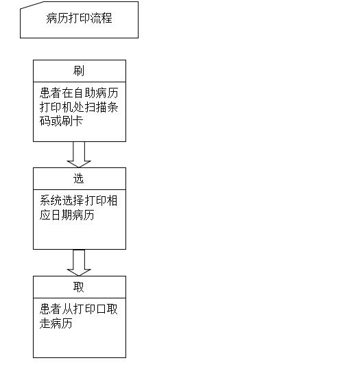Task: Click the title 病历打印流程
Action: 79,19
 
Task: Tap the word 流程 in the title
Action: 101,19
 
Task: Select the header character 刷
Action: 79,71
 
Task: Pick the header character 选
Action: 79,178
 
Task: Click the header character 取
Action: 79,287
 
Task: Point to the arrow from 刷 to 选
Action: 79,154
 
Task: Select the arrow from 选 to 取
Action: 79,263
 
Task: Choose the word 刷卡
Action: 73,121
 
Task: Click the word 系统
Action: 51,200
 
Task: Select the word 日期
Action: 62,215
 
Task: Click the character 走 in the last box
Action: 45,323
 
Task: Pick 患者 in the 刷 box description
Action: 51,93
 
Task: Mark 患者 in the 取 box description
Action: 51,309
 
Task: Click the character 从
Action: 68,309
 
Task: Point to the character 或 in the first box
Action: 56,121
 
